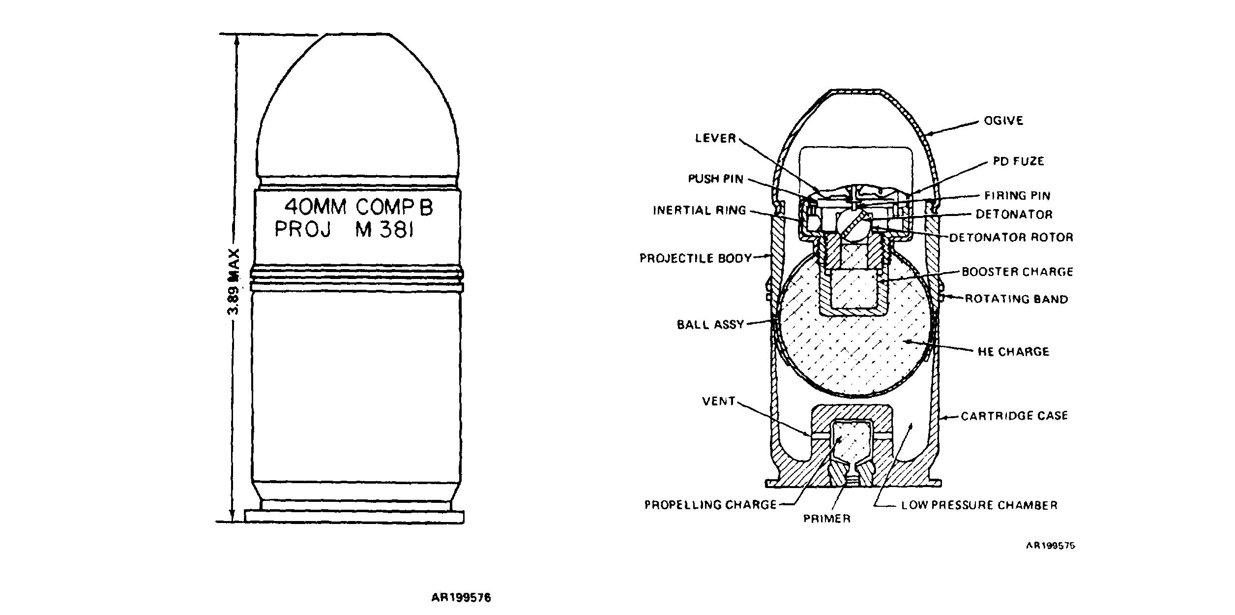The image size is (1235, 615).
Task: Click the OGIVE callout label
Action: pyautogui.click(x=1003, y=121)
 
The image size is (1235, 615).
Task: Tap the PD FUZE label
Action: pyautogui.click(x=1018, y=161)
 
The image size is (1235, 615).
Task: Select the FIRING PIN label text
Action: pyautogui.click(x=1017, y=195)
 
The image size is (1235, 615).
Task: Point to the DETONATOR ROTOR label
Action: pyautogui.click(x=1011, y=237)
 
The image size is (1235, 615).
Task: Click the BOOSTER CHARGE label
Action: pyautogui.click(x=1017, y=272)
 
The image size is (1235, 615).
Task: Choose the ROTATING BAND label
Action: pyautogui.click(x=1016, y=299)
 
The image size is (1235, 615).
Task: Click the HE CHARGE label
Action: pyautogui.click(x=1013, y=351)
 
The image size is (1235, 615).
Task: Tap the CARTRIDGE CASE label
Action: pyautogui.click(x=1014, y=416)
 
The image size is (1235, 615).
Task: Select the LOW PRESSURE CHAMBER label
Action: pyautogui.click(x=979, y=505)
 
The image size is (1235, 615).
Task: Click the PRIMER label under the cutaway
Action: pyautogui.click(x=826, y=519)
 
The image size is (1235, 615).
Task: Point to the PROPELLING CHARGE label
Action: pyautogui.click(x=710, y=505)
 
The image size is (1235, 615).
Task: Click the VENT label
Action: pyautogui.click(x=719, y=401)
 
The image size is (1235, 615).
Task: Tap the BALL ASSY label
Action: pyautogui.click(x=710, y=325)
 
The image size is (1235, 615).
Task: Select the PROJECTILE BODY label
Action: pyautogui.click(x=696, y=258)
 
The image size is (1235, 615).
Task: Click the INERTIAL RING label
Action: pyautogui.click(x=700, y=211)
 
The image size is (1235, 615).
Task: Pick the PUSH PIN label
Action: pyautogui.click(x=715, y=179)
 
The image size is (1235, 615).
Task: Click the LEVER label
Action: pyautogui.click(x=715, y=138)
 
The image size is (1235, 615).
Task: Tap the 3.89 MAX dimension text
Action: pyautogui.click(x=234, y=281)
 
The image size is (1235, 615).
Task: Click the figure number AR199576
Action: pyautogui.click(x=461, y=598)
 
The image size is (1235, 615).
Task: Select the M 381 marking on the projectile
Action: pyautogui.click(x=383, y=230)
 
